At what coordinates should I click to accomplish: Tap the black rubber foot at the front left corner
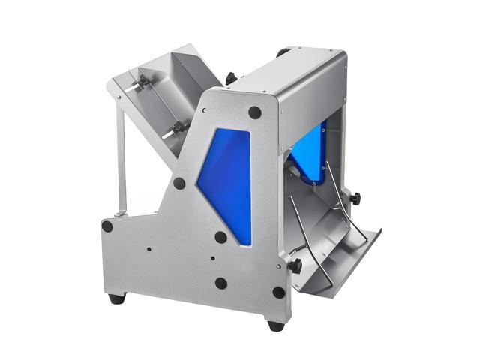115,298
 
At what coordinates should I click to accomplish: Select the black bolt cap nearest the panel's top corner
255,112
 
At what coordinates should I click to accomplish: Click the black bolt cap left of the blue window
178,182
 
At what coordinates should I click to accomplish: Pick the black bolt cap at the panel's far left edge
107,225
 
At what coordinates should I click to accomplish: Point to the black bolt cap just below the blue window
220,237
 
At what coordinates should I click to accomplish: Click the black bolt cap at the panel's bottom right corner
278,292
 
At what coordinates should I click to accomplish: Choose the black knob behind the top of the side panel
229,76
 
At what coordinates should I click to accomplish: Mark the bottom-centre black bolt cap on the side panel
220,283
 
